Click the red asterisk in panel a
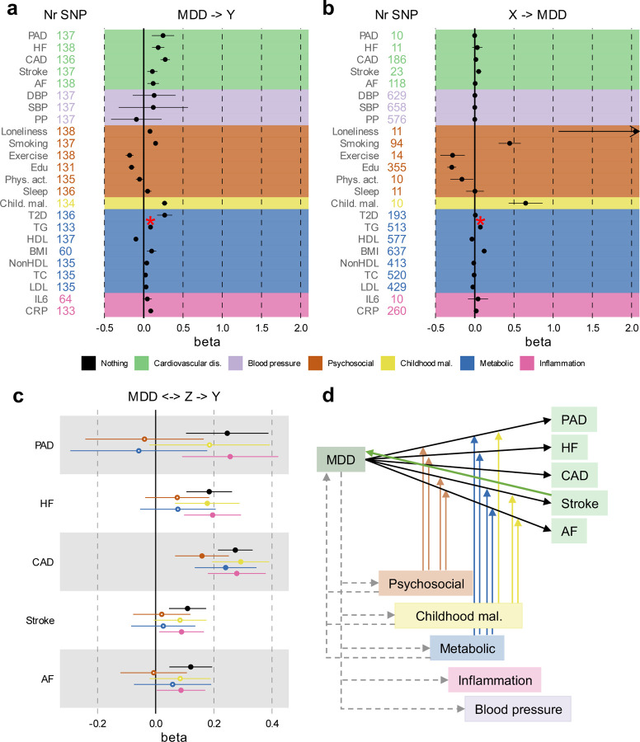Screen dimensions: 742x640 coord(150,221)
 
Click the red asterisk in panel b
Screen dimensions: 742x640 coord(480,221)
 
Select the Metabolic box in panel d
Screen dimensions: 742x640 coord(467,647)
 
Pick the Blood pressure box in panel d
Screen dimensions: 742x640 coord(518,709)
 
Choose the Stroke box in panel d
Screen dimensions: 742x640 coord(580,503)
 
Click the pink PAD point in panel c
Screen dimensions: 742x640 coord(230,457)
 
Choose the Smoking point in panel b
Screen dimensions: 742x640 coord(510,143)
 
